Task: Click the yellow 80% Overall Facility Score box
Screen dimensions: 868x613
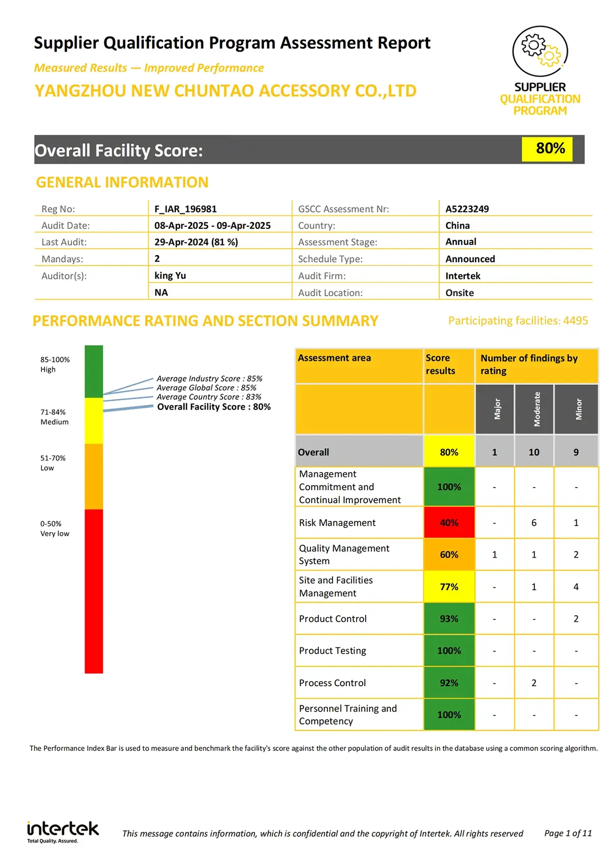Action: tap(547, 149)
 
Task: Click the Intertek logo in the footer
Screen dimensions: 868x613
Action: tap(62, 831)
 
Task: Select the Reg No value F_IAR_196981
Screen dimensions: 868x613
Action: tap(185, 209)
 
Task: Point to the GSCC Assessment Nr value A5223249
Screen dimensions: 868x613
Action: tap(467, 209)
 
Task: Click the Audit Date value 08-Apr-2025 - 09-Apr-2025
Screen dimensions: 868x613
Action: tap(213, 226)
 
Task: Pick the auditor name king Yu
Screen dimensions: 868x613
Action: tap(170, 276)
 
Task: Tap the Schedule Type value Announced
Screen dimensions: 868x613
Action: tap(470, 259)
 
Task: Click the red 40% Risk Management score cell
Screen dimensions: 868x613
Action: tap(449, 522)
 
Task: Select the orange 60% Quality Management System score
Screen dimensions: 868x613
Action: tap(449, 554)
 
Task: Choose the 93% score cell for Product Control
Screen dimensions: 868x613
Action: tap(449, 619)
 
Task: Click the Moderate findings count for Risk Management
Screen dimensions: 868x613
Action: tap(534, 522)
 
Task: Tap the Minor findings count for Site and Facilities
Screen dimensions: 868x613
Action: tap(576, 587)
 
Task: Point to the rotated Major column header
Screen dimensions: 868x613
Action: tap(495, 409)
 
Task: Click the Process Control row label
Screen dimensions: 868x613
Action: tap(333, 683)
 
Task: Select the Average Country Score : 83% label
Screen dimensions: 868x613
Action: tap(208, 397)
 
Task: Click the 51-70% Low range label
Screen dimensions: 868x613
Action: tap(53, 463)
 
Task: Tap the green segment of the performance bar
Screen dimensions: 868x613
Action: tap(93, 371)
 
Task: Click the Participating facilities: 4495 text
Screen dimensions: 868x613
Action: tap(518, 321)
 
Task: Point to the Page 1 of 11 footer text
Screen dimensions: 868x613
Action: tap(568, 833)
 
